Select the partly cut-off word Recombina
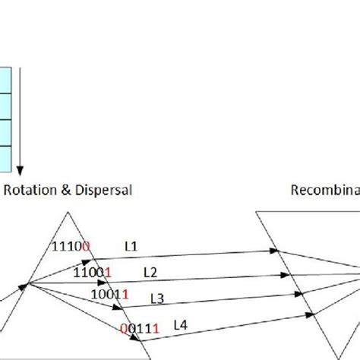pyautogui.click(x=325, y=190)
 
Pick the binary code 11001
pyautogui.click(x=93, y=271)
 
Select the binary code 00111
pyautogui.click(x=139, y=328)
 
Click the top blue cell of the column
pyautogui.click(x=5, y=80)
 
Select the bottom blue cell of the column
pyautogui.click(x=5, y=156)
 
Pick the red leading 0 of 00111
pyautogui.click(x=124, y=328)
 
